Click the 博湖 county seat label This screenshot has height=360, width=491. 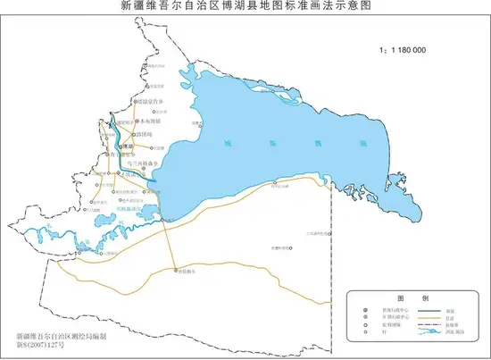[128, 145]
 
